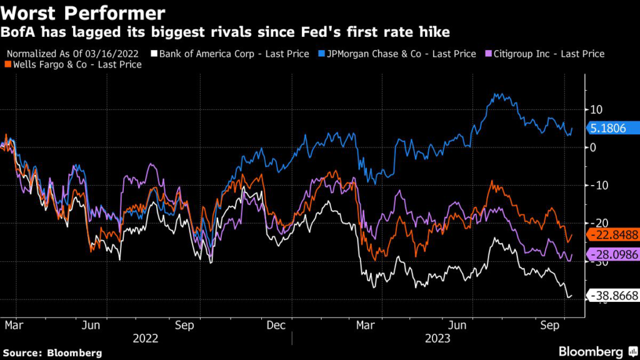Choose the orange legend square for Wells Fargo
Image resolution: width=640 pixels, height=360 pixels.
tap(7, 64)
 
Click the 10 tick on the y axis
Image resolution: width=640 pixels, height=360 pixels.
tap(593, 109)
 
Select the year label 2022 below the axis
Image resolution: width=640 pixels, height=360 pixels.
tap(146, 338)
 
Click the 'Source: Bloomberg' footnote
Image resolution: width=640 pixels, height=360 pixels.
tap(51, 353)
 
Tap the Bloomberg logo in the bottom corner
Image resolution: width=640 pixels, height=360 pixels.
tap(591, 351)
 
